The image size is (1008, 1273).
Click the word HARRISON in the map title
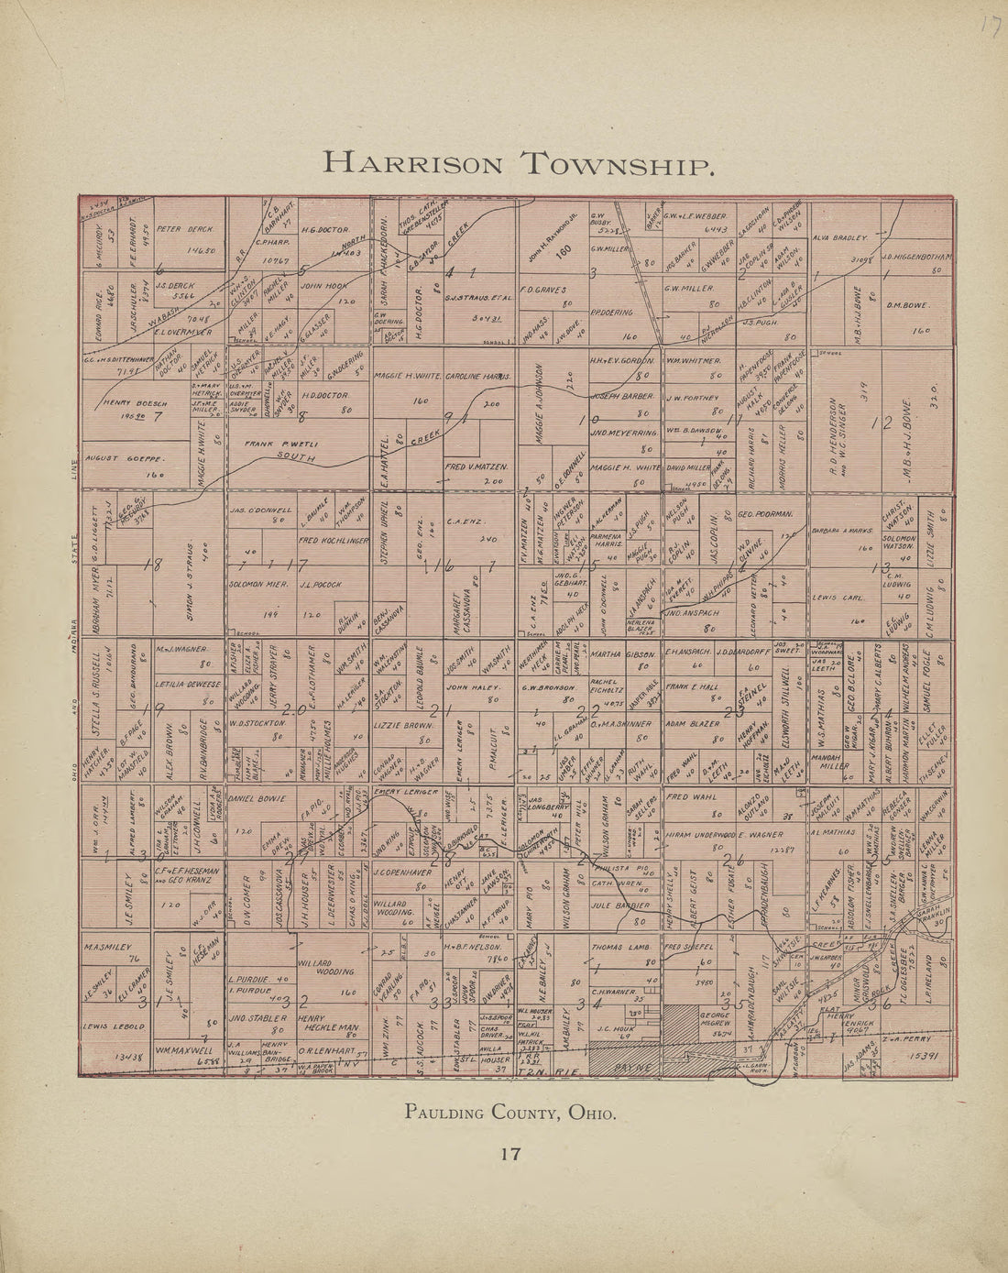click(x=413, y=164)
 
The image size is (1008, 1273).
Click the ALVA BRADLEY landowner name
click(x=839, y=237)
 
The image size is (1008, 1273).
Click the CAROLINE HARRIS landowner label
click(x=477, y=377)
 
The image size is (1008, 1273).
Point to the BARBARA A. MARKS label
click(x=844, y=529)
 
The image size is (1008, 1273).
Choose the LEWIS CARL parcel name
click(x=838, y=597)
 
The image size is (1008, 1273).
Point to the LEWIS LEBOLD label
click(x=113, y=1027)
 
